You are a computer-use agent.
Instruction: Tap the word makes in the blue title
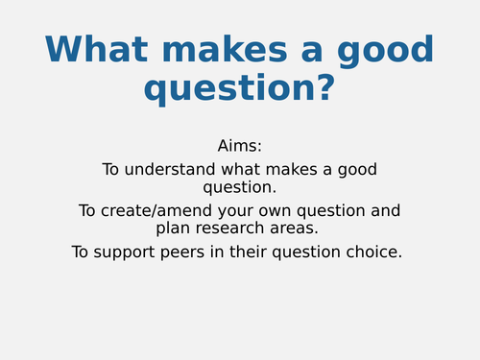pos(214,51)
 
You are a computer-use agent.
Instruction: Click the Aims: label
pos(240,146)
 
